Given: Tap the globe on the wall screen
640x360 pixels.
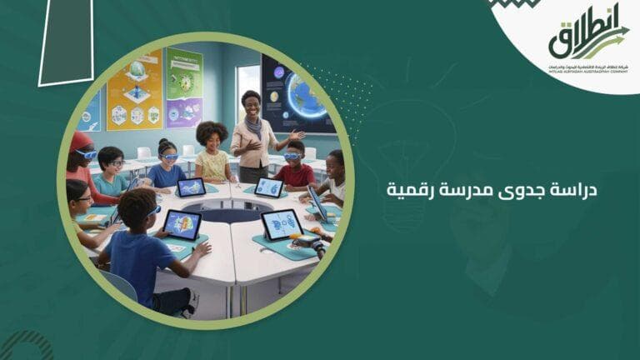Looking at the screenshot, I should pyautogui.click(x=306, y=95).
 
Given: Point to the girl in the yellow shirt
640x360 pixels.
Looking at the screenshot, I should pyautogui.click(x=213, y=153).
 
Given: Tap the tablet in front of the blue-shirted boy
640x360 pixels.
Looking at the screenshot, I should pyautogui.click(x=182, y=223).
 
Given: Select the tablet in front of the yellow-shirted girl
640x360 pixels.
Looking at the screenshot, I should pyautogui.click(x=192, y=187).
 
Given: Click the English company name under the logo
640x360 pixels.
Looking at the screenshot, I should pyautogui.click(x=587, y=72).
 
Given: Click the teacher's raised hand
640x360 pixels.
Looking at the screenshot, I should pyautogui.click(x=296, y=134).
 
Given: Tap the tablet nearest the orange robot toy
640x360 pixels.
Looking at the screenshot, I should pyautogui.click(x=281, y=224).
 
